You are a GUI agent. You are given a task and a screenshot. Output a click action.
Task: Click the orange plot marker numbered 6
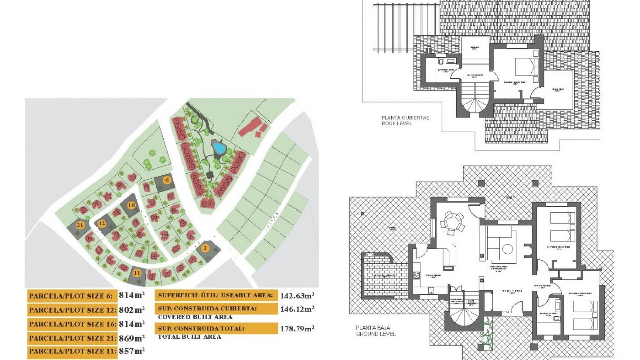(x=167, y=180)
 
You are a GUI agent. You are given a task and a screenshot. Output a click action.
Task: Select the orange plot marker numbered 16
(x=132, y=205)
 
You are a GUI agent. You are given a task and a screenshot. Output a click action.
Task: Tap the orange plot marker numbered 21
(x=80, y=225)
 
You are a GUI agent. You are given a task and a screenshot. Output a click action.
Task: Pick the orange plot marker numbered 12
(x=102, y=223)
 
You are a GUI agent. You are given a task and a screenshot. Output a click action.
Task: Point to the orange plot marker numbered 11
(x=137, y=273)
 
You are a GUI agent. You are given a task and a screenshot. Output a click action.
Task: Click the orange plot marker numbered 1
(x=205, y=248)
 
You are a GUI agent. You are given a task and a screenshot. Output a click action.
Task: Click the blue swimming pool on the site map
(x=219, y=147)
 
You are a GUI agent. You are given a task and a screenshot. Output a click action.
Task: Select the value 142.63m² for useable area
(x=297, y=296)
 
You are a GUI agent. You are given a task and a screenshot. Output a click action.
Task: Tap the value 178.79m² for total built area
(x=297, y=329)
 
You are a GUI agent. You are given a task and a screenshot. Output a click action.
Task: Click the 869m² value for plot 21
(x=132, y=338)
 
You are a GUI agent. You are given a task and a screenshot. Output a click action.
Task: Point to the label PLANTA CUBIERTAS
(x=405, y=118)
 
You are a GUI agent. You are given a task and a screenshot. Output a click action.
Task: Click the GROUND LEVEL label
(x=376, y=334)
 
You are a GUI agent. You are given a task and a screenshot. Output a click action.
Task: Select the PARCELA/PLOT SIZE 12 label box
(x=72, y=310)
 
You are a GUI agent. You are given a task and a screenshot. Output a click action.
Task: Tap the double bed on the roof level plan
(x=526, y=67)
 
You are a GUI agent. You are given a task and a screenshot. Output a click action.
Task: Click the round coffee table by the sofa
(x=507, y=249)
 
